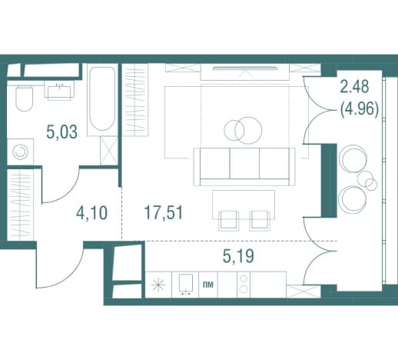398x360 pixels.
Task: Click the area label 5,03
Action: tap(61, 132)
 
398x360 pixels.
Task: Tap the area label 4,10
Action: tap(91, 213)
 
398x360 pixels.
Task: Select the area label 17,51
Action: tap(164, 212)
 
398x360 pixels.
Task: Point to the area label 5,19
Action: tap(238, 256)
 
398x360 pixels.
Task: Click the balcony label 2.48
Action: tap(354, 86)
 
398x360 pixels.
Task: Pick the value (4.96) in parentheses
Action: tap(359, 109)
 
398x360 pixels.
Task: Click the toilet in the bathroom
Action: tap(25, 98)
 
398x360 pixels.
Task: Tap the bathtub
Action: tap(102, 99)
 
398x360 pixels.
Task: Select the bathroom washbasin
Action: tap(60, 92)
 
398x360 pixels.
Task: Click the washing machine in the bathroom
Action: tap(20, 152)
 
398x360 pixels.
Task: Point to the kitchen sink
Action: tap(185, 284)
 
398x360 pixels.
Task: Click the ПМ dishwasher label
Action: tap(207, 285)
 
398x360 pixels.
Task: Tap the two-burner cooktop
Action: tap(244, 284)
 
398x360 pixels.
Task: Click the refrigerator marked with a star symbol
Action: tap(158, 285)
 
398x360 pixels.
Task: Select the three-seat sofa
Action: tap(244, 166)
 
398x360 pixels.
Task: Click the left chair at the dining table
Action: tap(228, 221)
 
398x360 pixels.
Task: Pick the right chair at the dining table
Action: tap(260, 221)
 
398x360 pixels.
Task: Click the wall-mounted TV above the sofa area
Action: tap(245, 68)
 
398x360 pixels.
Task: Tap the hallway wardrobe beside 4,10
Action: tap(20, 205)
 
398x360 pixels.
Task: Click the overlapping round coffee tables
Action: tap(243, 130)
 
